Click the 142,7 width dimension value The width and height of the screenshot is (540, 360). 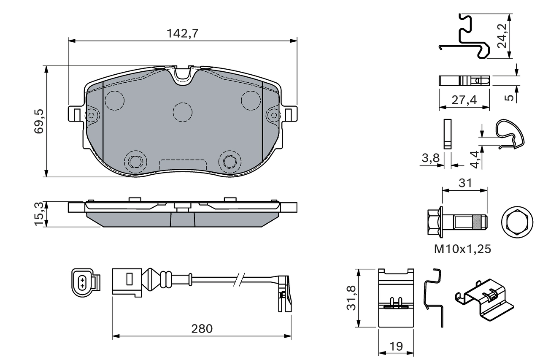coord(182,34)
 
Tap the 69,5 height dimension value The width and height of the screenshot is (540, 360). coord(39,121)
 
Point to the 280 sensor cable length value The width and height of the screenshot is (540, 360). coord(202,328)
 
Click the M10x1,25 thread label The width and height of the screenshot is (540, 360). coord(463,249)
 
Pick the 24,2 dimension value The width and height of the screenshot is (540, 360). coord(502,36)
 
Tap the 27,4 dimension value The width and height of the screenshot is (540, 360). coord(464,100)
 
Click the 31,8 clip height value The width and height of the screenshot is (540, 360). coord(351,298)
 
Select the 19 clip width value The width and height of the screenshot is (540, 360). coord(395,346)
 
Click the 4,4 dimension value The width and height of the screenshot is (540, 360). coord(475,159)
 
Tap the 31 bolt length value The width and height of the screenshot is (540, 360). coord(464,183)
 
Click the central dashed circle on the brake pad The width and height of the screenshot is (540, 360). coord(182,112)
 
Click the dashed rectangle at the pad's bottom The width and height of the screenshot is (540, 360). coord(182,165)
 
